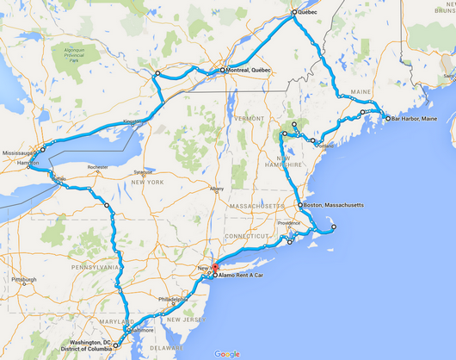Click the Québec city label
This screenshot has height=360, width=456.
(308, 14)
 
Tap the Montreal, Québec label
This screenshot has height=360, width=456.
(250, 70)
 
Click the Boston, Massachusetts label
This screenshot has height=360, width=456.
(335, 207)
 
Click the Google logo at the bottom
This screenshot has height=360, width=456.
(227, 354)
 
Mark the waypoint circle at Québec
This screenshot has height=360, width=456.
(293, 13)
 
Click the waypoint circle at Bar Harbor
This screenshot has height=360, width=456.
(387, 118)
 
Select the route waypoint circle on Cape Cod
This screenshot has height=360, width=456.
(334, 227)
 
